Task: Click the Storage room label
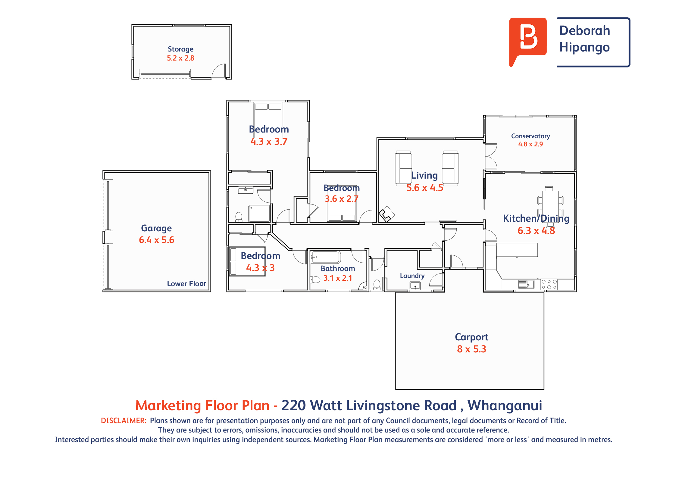(x=180, y=49)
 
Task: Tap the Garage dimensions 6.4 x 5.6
(x=156, y=240)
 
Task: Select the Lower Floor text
(x=186, y=283)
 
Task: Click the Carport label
(x=471, y=337)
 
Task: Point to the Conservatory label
(x=530, y=136)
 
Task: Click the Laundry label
(x=412, y=276)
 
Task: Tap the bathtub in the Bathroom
(x=326, y=257)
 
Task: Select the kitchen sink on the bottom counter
(x=526, y=284)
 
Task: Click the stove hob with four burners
(x=549, y=285)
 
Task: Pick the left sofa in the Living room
(x=403, y=168)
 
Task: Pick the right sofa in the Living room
(x=450, y=168)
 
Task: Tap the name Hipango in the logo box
(x=584, y=48)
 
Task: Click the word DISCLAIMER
(x=124, y=420)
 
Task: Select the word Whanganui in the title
(x=505, y=405)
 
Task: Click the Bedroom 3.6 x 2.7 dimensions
(x=342, y=199)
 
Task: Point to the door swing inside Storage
(x=219, y=71)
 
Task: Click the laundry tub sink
(x=415, y=285)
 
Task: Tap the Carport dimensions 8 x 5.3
(x=471, y=349)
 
